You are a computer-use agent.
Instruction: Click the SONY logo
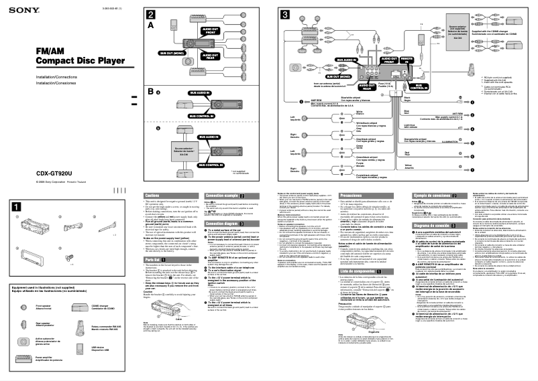tap(20, 7)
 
